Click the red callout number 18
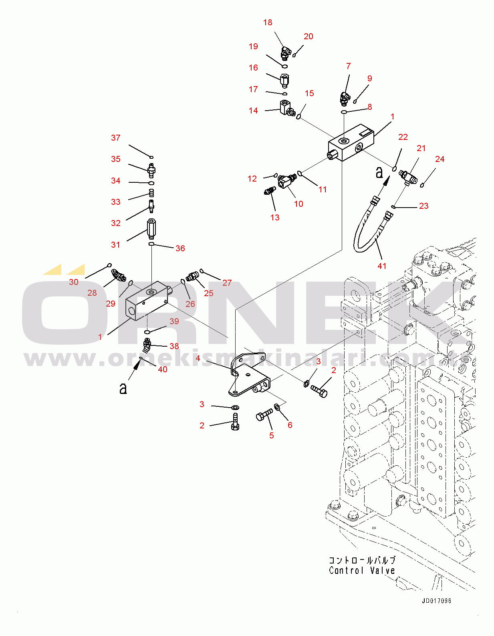(x=268, y=23)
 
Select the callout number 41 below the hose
(x=382, y=266)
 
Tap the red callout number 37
(x=116, y=138)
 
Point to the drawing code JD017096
(x=436, y=601)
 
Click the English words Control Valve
(x=362, y=571)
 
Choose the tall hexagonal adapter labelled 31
(x=151, y=228)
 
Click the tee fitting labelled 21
(x=408, y=176)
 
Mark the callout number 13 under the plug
(x=275, y=218)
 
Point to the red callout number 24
(x=440, y=159)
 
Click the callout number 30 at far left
(x=74, y=282)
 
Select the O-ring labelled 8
(x=344, y=112)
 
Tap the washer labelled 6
(x=277, y=408)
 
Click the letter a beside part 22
(x=379, y=173)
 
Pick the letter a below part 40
(x=123, y=388)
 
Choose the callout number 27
(x=227, y=283)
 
